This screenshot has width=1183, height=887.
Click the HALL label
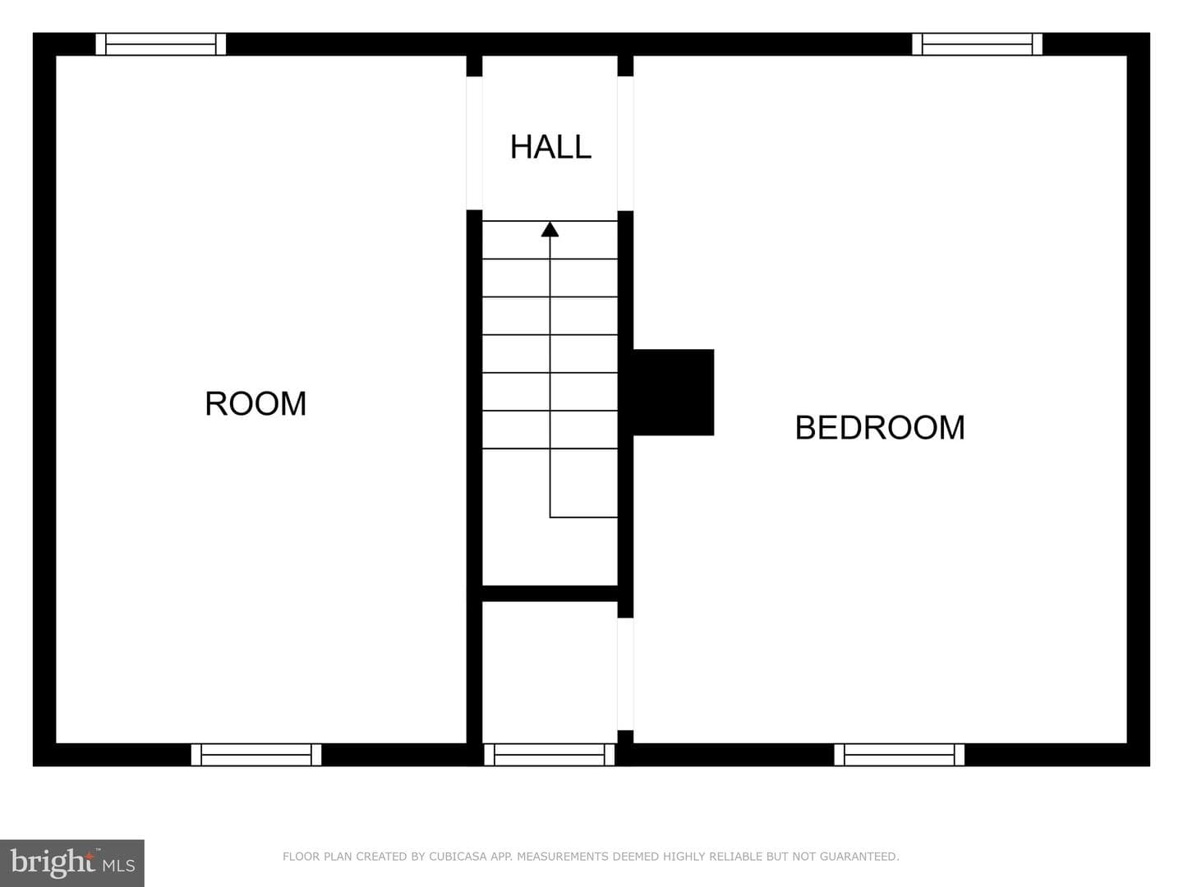tap(550, 147)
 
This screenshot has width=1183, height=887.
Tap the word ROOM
tap(255, 403)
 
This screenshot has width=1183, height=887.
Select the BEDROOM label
tap(880, 428)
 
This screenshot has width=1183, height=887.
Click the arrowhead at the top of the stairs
tap(550, 229)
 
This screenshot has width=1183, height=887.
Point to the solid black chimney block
tap(673, 392)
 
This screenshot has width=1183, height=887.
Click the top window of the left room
tap(160, 44)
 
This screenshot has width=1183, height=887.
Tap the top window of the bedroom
tap(977, 44)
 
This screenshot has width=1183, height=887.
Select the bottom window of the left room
tap(256, 755)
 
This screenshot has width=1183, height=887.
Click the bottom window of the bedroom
tap(899, 755)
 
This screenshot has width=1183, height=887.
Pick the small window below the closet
tap(550, 755)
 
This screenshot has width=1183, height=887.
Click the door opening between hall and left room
tap(474, 143)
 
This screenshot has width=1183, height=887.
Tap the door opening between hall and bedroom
tap(625, 144)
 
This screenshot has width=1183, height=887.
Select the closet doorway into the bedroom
tap(625, 673)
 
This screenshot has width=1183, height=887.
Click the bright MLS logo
tap(72, 862)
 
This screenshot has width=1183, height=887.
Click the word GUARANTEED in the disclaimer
tap(859, 857)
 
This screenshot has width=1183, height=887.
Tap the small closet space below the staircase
tap(550, 672)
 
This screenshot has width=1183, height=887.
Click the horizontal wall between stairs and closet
tap(550, 594)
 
